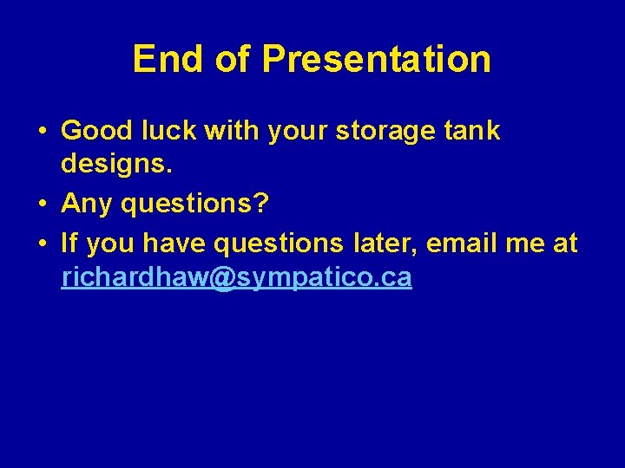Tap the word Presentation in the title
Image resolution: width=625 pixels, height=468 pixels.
click(377, 59)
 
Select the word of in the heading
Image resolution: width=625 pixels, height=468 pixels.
click(231, 59)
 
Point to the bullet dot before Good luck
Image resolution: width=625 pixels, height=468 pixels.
click(43, 132)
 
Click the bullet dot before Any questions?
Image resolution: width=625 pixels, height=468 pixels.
click(43, 205)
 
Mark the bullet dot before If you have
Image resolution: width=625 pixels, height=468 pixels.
click(43, 244)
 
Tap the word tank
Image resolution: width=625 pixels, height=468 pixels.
click(470, 131)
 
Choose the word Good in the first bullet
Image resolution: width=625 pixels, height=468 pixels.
click(95, 131)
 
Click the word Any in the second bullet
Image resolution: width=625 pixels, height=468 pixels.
click(87, 205)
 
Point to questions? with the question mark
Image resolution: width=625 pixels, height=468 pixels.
click(194, 205)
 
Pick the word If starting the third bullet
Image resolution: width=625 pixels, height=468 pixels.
click(69, 244)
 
